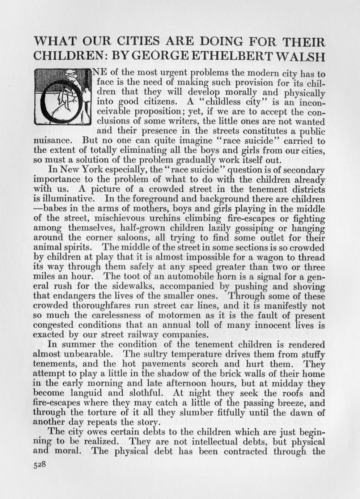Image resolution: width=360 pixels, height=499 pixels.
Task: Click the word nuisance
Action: point(53,141)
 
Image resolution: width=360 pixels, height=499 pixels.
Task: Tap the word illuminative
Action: point(68,199)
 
